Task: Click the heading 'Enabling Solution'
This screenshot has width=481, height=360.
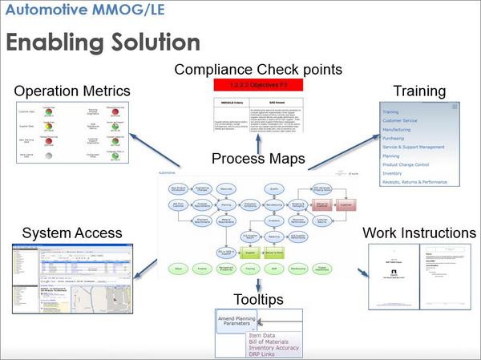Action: [103, 42]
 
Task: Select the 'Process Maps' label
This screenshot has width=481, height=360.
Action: [258, 159]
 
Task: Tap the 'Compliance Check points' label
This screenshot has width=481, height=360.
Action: [258, 69]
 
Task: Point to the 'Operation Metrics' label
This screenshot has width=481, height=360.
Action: [72, 91]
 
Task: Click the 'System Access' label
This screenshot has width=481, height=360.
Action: [72, 233]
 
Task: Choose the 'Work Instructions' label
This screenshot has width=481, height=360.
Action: [419, 233]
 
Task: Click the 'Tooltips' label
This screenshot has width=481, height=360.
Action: [258, 300]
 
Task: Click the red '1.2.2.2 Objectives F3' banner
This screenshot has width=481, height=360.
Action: [258, 83]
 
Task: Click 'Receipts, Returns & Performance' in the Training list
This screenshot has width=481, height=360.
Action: [414, 182]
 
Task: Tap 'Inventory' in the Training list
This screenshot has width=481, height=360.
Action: [393, 173]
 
